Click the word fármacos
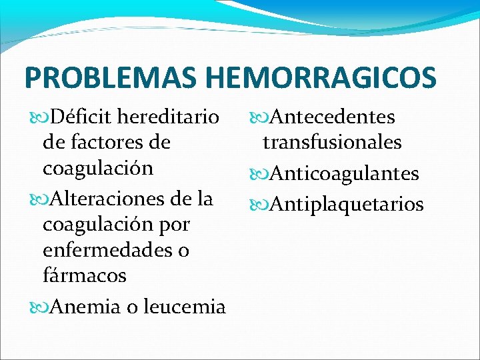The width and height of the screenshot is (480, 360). (x=85, y=275)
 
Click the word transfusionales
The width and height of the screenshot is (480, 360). (x=332, y=142)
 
